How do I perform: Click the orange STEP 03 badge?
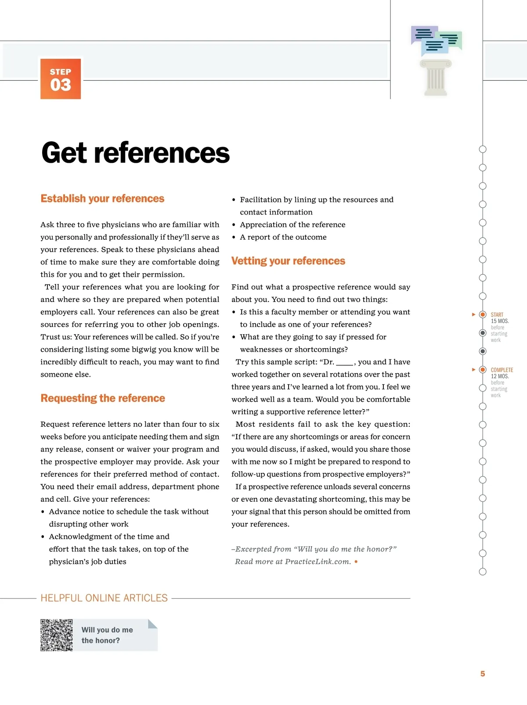(61, 79)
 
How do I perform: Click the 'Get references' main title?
(135, 153)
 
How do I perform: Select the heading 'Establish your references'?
(102, 199)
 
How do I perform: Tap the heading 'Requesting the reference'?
(103, 398)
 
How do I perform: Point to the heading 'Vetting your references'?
(288, 261)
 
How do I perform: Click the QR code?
(57, 635)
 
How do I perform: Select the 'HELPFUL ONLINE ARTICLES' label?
(104, 598)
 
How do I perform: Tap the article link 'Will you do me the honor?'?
(107, 635)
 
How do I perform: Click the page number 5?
(483, 674)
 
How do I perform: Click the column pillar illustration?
(436, 78)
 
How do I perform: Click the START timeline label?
(497, 315)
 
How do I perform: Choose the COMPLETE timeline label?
(502, 370)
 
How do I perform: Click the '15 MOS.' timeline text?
(500, 321)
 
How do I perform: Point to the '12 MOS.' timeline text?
(500, 376)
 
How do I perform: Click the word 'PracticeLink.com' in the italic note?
(317, 562)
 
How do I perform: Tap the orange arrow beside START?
(473, 314)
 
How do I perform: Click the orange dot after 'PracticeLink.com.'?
(356, 561)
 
